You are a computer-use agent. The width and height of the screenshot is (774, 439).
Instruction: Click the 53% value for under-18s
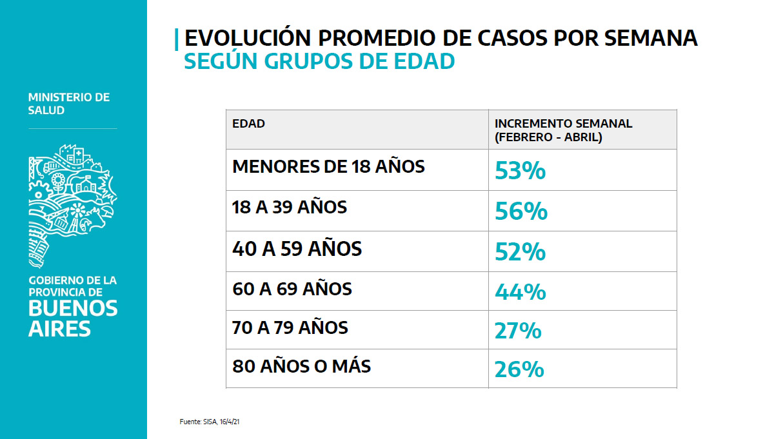coord(521,171)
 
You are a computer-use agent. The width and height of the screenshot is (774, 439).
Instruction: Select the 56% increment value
coord(521,211)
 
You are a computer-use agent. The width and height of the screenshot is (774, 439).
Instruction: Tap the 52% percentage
coord(521,252)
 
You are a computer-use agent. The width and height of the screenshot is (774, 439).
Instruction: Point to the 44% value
coord(521,292)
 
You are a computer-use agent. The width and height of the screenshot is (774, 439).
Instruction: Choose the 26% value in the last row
coord(519,369)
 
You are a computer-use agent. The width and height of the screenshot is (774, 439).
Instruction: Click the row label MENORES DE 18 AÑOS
coord(328,167)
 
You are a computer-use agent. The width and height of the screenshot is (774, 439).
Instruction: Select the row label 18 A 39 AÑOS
coord(290,208)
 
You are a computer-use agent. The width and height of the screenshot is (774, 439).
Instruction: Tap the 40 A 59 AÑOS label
coord(297,248)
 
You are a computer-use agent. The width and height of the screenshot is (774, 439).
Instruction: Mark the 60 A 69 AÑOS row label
coord(292,289)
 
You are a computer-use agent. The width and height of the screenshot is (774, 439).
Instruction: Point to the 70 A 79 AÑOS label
coord(290,327)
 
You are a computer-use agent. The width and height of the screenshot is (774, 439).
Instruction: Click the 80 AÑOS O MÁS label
coord(301,367)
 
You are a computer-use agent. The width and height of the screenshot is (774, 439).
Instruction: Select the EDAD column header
coord(248,124)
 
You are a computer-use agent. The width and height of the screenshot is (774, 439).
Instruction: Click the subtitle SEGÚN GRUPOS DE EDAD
coord(319,61)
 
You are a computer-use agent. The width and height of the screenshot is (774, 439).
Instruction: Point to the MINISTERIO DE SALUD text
coord(69,104)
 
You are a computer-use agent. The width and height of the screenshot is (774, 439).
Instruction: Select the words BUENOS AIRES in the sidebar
coord(72,318)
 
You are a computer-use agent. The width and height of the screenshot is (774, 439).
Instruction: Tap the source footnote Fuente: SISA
coord(210,422)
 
